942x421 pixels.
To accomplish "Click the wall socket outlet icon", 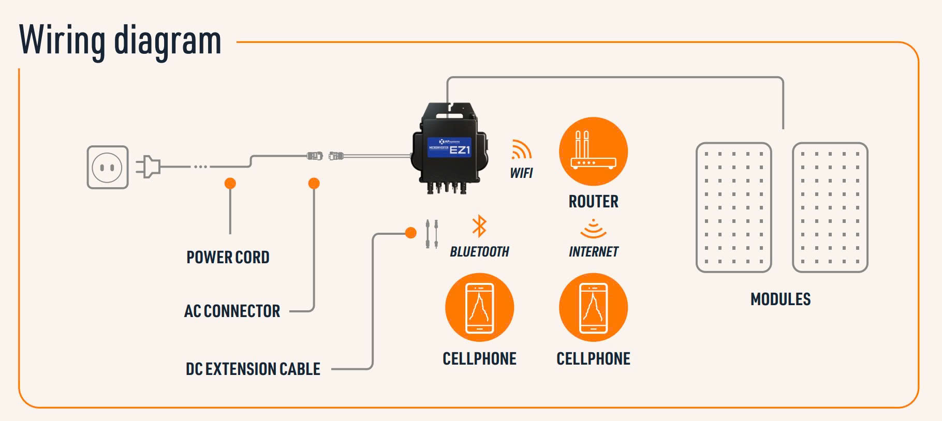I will (x=107, y=167).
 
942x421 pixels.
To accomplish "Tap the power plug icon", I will (x=148, y=167).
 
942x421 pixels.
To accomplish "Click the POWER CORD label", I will (x=228, y=257).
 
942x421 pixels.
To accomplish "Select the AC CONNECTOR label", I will (x=232, y=311).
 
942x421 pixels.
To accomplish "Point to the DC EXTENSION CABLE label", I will (x=253, y=369).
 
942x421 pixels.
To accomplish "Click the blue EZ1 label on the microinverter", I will (x=449, y=147).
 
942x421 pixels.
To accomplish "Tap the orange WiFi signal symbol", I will (x=521, y=149).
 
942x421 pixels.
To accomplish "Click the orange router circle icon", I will (x=593, y=151).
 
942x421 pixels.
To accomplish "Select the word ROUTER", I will (x=593, y=201).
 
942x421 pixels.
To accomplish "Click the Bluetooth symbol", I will (x=479, y=226).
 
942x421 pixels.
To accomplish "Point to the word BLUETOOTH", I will (x=479, y=252).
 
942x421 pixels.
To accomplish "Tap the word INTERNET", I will (x=593, y=252).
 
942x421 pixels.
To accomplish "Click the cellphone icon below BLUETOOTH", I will (x=479, y=307).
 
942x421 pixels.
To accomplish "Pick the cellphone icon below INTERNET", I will (x=593, y=307).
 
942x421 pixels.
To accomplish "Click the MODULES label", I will (x=781, y=299).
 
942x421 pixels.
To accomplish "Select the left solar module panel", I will (x=733, y=207).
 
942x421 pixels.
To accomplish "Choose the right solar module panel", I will (x=830, y=207).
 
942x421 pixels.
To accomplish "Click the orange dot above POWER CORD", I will (x=230, y=183).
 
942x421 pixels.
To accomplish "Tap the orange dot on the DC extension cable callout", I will (x=411, y=233).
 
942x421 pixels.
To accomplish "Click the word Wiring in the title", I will (x=62, y=40).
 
